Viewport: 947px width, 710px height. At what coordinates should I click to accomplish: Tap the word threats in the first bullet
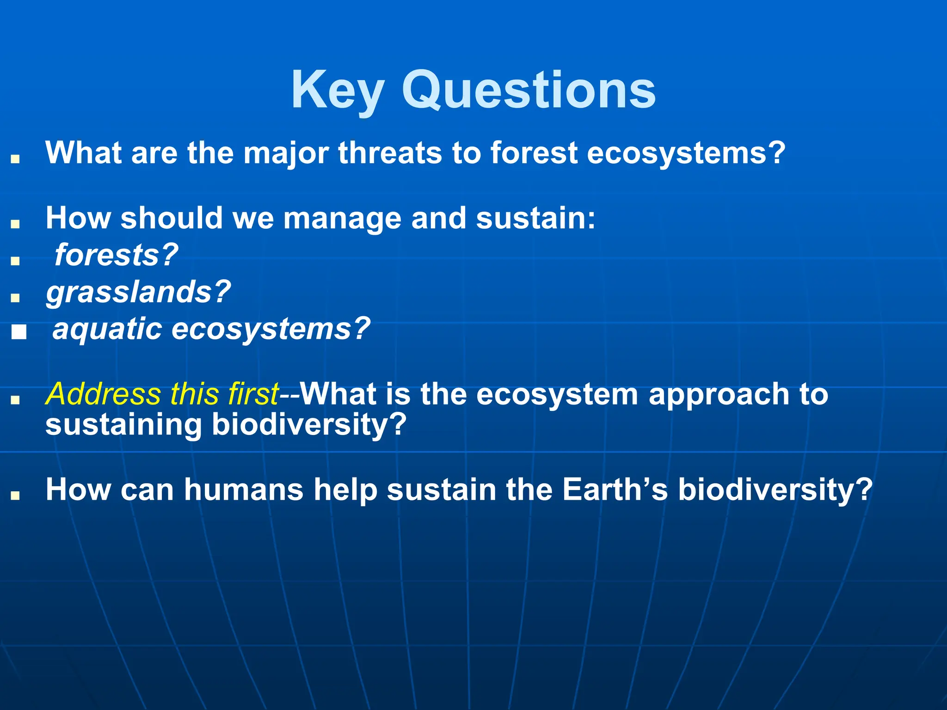pos(390,153)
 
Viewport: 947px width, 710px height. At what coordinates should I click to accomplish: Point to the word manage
pos(342,218)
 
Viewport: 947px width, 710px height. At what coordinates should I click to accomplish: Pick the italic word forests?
pos(116,255)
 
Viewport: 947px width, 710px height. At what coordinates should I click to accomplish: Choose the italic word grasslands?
pos(138,292)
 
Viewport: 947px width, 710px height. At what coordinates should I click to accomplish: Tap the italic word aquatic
pos(107,329)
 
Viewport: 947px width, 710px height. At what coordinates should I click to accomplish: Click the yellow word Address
pos(104,394)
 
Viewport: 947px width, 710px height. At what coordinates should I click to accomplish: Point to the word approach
pos(719,394)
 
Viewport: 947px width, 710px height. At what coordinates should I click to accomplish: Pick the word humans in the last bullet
pos(244,490)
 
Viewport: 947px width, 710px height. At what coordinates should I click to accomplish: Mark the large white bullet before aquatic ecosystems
pos(19,332)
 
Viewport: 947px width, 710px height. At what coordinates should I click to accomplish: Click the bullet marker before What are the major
pos(15,159)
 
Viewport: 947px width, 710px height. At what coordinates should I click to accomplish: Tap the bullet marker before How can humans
pos(15,496)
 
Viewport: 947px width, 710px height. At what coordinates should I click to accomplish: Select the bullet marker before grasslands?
pos(15,298)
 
